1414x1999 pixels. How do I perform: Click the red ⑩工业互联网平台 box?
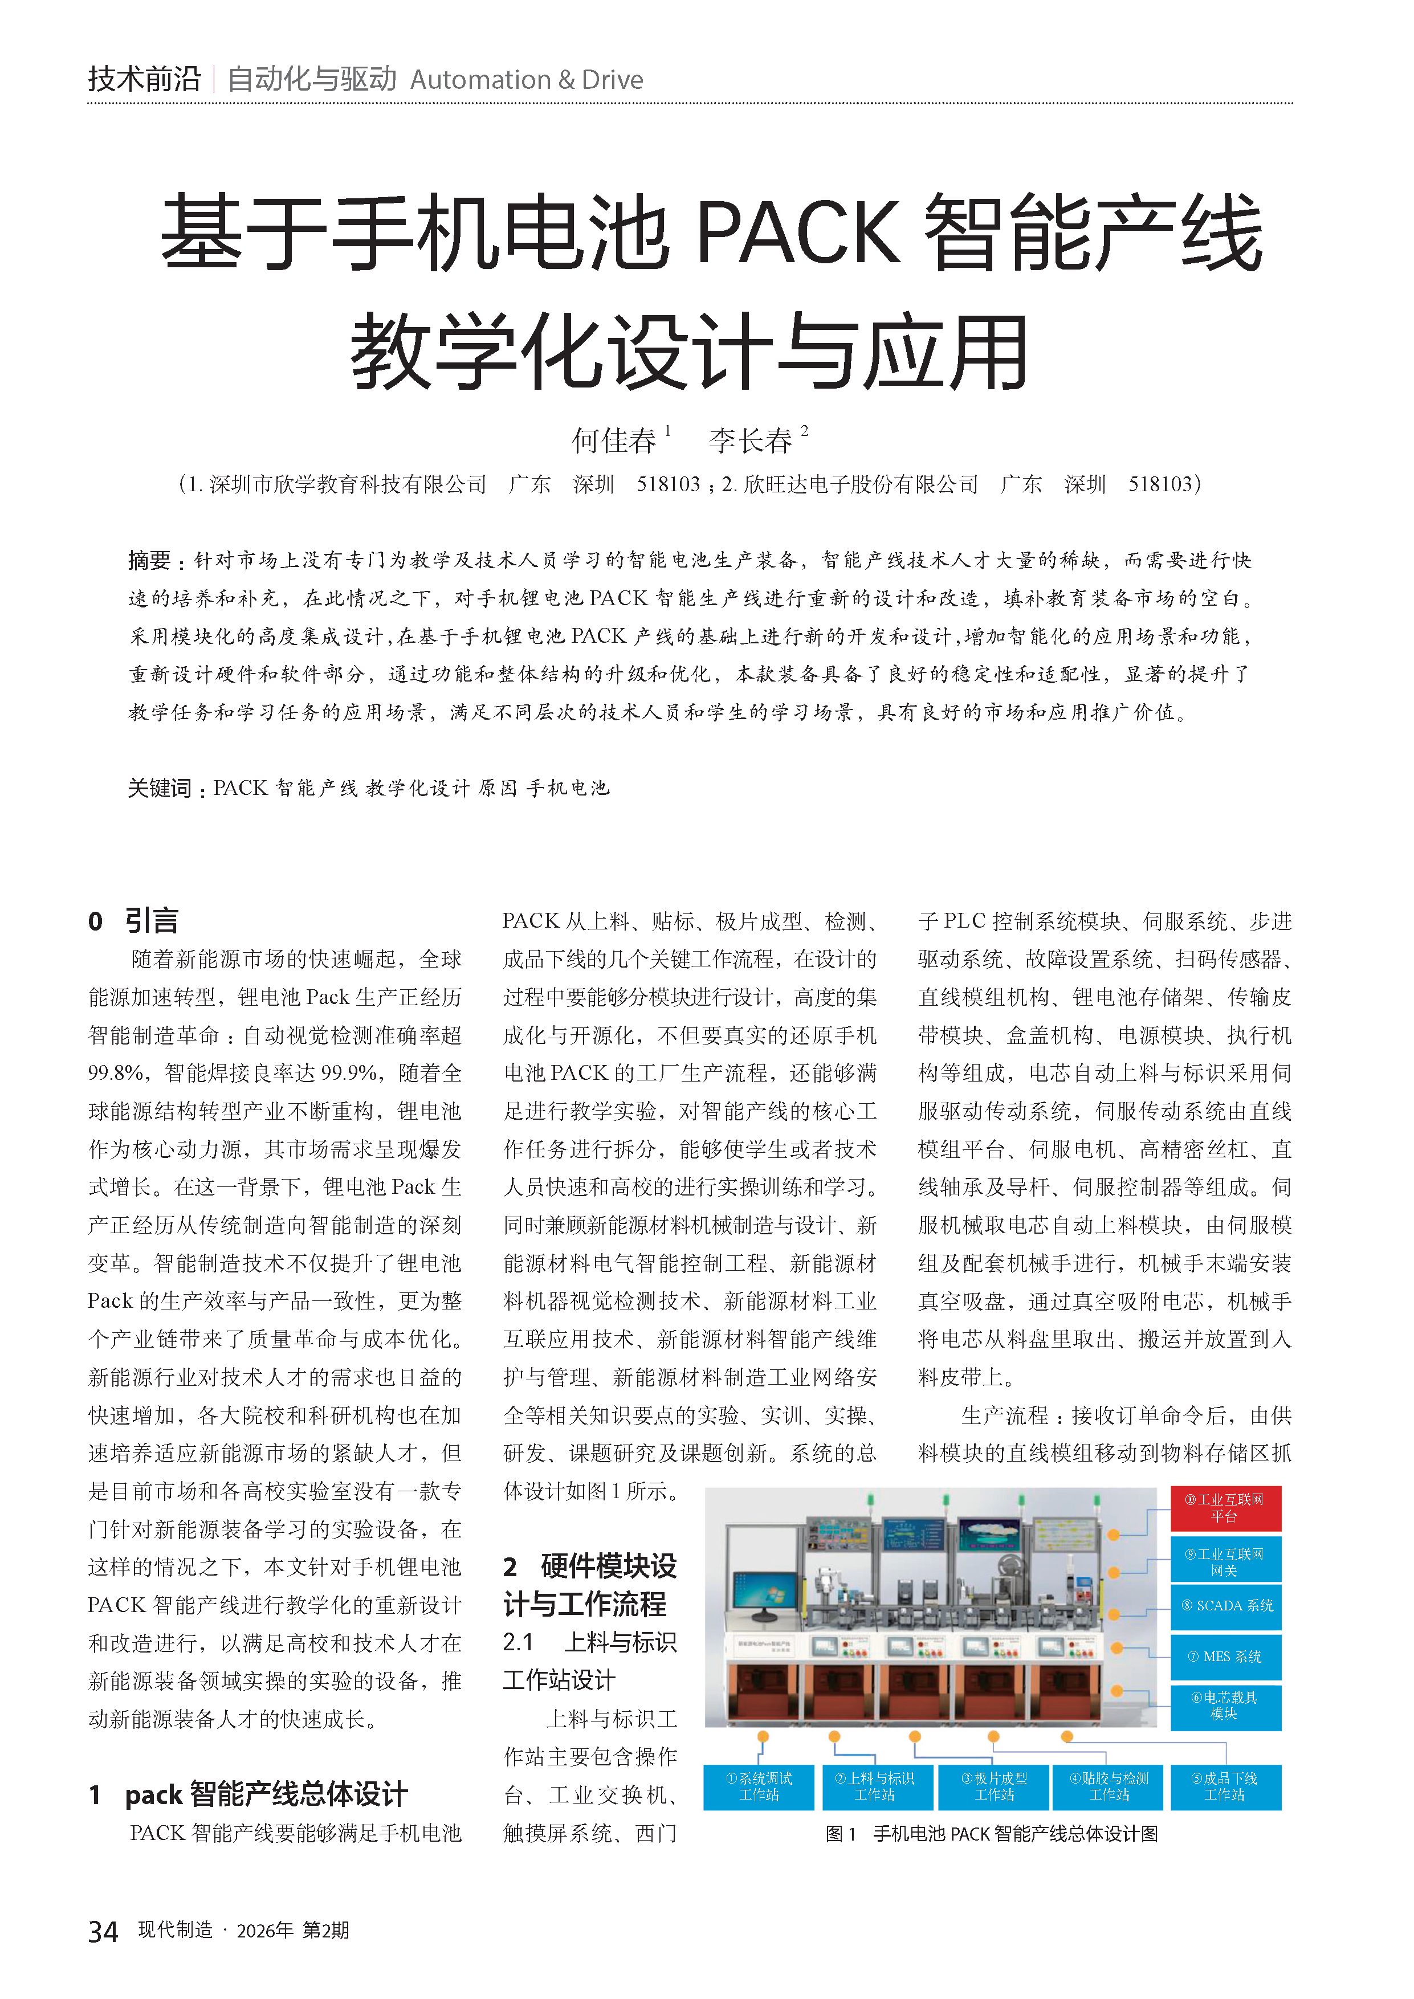point(1224,1507)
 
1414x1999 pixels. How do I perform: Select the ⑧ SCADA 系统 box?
point(1225,1605)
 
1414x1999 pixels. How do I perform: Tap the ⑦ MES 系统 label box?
point(1225,1656)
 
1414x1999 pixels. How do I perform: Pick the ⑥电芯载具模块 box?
point(1225,1706)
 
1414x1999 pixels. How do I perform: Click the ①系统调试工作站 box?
point(759,1786)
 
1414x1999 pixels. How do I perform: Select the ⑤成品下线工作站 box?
point(1224,1786)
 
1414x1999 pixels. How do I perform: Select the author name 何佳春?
point(613,440)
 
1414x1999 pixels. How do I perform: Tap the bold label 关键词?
point(160,788)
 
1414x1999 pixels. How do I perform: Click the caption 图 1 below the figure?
point(840,1834)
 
